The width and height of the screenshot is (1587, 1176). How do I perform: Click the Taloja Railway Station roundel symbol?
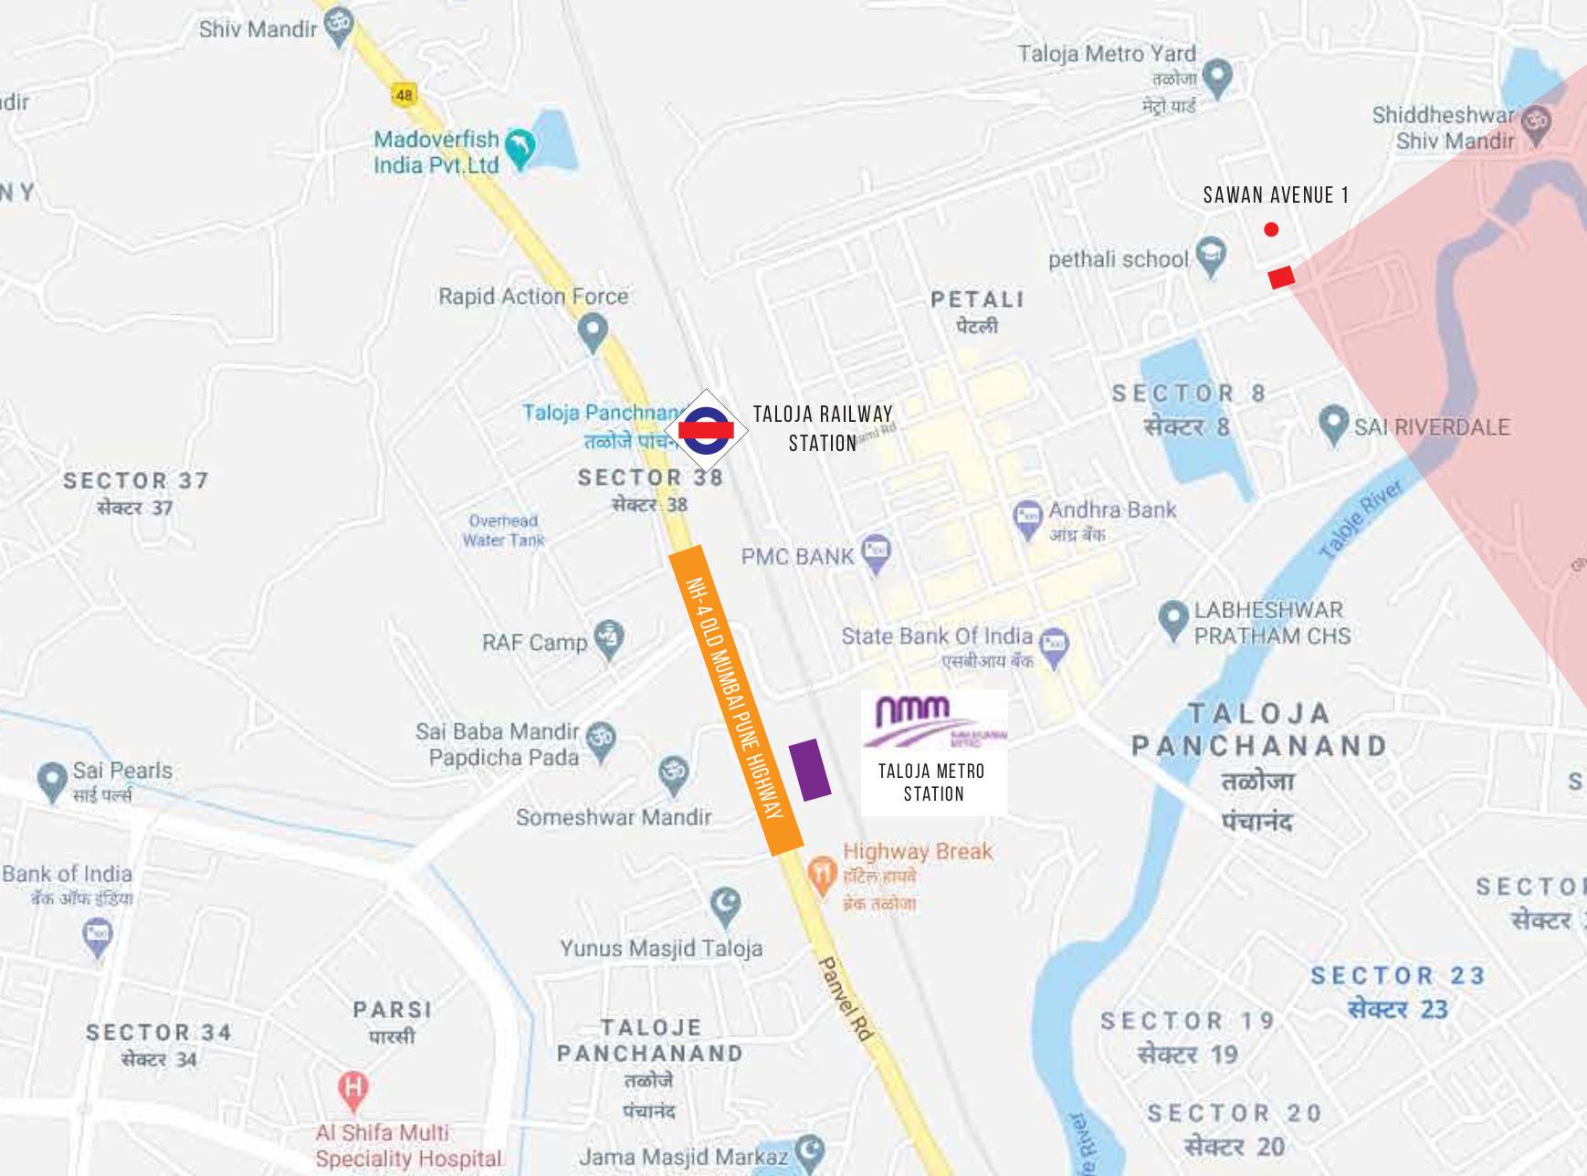point(706,430)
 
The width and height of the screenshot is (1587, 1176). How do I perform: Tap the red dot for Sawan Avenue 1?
point(1271,229)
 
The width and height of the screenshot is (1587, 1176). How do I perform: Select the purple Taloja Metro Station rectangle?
point(809,770)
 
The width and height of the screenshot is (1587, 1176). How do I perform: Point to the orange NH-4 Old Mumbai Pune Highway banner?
point(735,700)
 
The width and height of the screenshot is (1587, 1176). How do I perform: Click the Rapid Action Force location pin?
point(593,331)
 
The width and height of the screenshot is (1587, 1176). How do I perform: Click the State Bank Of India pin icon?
point(1055,646)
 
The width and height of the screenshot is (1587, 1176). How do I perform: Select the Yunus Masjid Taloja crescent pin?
point(725,905)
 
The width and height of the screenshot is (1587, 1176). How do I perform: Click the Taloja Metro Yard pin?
point(1217,77)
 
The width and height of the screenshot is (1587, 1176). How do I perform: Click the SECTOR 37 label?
point(136,480)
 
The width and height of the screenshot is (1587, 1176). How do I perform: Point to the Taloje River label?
point(1360,520)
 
